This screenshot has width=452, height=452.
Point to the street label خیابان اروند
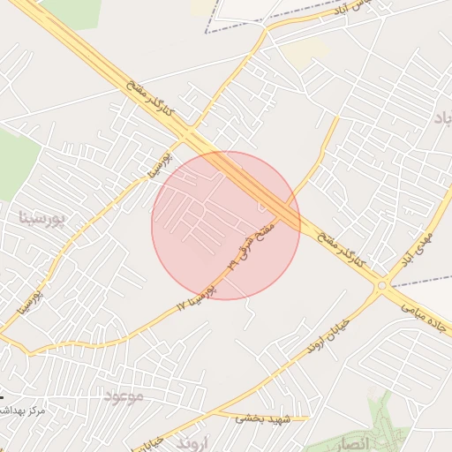pyautogui.click(x=328, y=336)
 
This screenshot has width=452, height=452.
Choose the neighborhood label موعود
pyautogui.click(x=123, y=395)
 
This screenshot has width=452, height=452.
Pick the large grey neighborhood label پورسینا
pyautogui.click(x=42, y=217)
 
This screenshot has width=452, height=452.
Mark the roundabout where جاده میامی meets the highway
pyautogui.click(x=382, y=286)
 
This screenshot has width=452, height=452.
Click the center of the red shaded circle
pyautogui.click(x=226, y=225)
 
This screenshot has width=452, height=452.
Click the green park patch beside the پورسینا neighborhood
pyautogui.click(x=16, y=163)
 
